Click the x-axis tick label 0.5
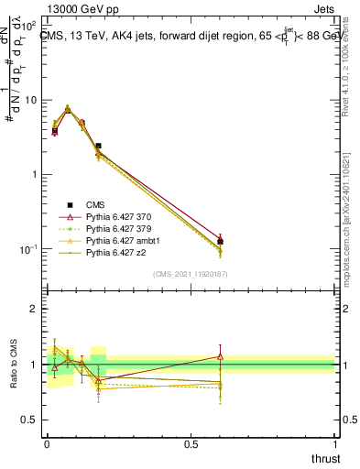point(191,444)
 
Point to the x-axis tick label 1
point(334,444)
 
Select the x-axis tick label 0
point(47,444)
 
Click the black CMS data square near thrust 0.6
point(220,242)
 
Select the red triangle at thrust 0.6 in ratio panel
point(220,356)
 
